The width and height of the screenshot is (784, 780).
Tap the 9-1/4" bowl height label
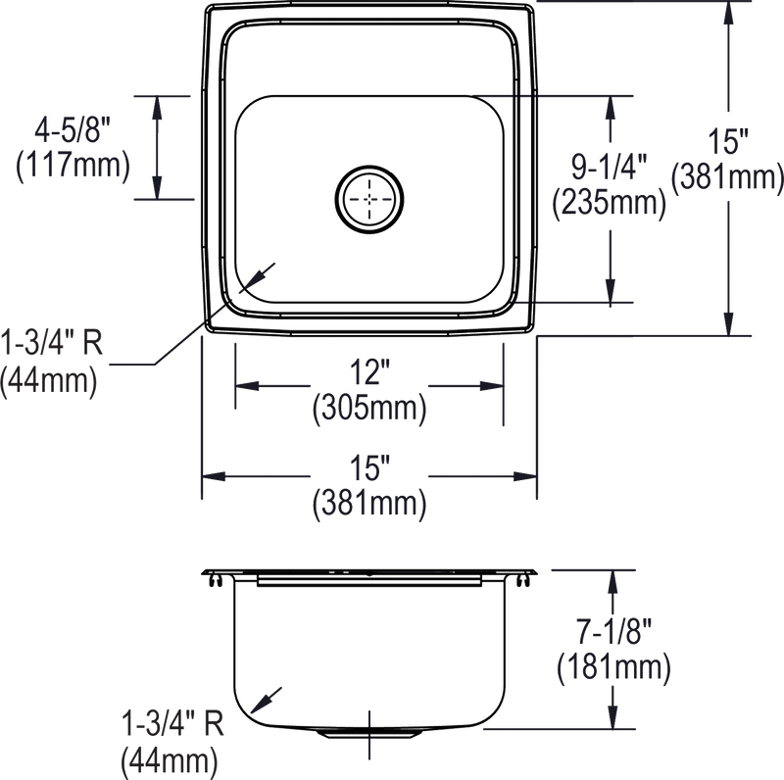click(609, 169)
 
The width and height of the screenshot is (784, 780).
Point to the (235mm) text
click(609, 203)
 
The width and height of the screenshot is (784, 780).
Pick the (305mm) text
click(368, 410)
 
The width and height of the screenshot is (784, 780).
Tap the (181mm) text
click(613, 670)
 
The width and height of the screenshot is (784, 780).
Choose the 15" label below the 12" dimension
click(368, 468)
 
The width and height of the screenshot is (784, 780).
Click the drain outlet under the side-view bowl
click(370, 734)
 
